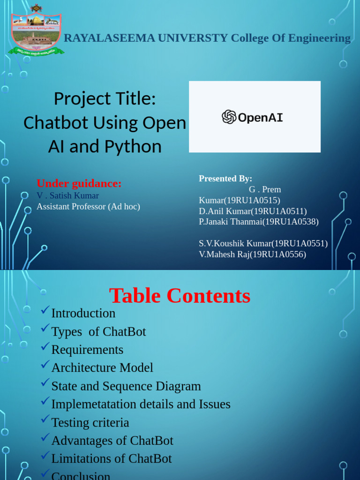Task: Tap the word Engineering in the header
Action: [319, 38]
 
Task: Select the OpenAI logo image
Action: [255, 117]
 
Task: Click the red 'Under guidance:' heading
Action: [79, 183]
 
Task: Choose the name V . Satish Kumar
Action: [68, 195]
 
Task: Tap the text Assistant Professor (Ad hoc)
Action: [88, 206]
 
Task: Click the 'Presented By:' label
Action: [225, 179]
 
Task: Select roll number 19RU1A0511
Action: [280, 211]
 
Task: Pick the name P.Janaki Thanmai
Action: [229, 222]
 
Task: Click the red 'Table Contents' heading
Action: [180, 296]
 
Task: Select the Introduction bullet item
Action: [83, 313]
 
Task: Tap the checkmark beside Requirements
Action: [45, 347]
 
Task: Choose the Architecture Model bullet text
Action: [102, 368]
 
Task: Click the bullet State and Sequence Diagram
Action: [126, 386]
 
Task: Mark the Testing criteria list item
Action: [90, 423]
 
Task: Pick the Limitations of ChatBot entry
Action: [112, 459]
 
